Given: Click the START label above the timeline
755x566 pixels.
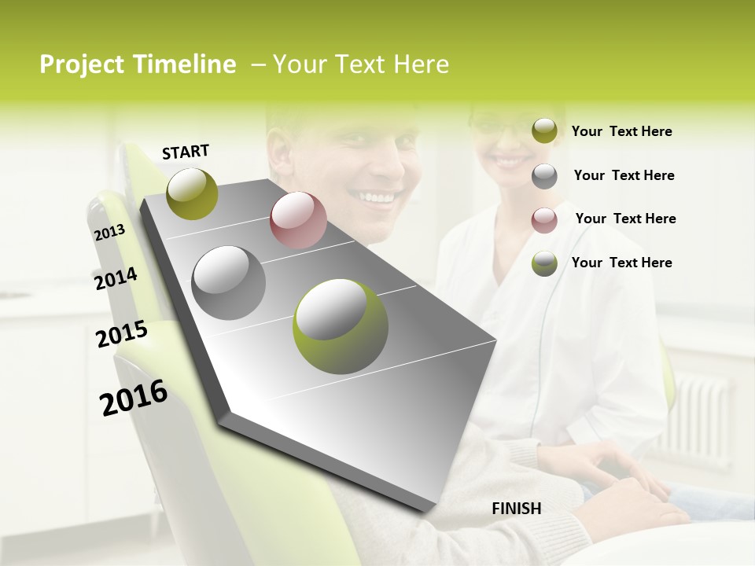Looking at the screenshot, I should click(x=186, y=152).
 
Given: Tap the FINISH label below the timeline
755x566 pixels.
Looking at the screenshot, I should click(x=517, y=509).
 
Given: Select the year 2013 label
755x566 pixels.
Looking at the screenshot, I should click(x=109, y=232).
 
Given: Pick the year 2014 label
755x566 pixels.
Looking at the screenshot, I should click(x=116, y=278).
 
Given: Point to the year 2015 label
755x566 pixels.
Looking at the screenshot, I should click(x=121, y=334).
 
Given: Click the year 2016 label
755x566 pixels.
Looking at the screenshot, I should click(x=134, y=397).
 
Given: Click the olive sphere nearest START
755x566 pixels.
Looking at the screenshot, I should click(x=192, y=193).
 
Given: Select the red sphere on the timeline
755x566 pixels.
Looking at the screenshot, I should click(x=298, y=220).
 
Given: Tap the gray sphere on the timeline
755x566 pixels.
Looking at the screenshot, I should click(x=228, y=282).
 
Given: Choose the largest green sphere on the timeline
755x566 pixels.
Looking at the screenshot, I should click(x=340, y=325).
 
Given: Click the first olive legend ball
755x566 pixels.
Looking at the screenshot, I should click(x=544, y=131).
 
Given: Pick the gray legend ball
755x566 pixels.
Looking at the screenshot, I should click(x=544, y=176).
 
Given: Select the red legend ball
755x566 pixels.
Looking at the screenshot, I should click(x=544, y=219).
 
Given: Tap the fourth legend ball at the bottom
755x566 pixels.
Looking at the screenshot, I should click(x=544, y=263).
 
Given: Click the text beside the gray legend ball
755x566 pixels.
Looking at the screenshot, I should click(x=624, y=175).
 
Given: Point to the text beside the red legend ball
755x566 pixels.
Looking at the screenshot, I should click(x=625, y=219).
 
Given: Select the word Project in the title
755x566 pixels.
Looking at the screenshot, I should click(x=81, y=64).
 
